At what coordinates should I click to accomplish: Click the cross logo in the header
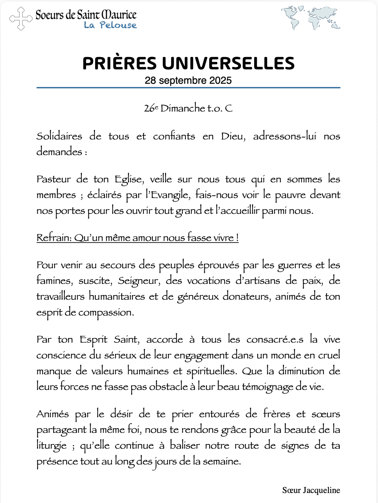click(21, 19)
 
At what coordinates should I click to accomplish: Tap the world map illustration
click(310, 18)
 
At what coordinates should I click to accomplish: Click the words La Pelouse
click(110, 25)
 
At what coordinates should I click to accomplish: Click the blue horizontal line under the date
click(188, 88)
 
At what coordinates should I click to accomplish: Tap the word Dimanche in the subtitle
click(183, 108)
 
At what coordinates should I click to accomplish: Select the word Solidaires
click(59, 136)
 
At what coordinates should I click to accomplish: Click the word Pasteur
click(54, 179)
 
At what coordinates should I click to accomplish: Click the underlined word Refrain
click(54, 237)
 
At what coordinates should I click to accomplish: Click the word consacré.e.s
click(275, 340)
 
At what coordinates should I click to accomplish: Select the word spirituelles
click(212, 371)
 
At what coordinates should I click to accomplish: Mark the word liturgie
click(52, 446)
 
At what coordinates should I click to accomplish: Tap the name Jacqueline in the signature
click(321, 490)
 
